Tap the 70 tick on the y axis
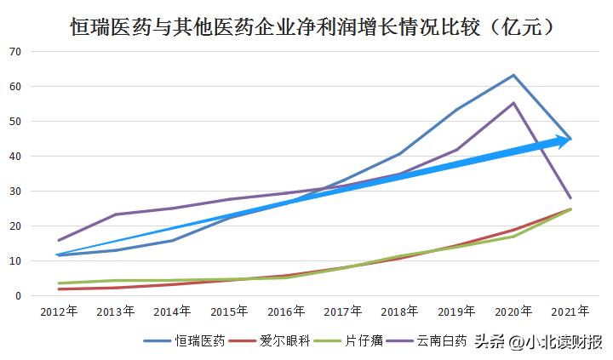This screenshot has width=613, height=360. [14, 51]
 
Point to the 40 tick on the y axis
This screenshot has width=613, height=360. [14, 156]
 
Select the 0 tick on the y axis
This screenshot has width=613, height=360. [18, 295]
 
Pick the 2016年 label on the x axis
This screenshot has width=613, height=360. [285, 312]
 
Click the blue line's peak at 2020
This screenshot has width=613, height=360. [513, 75]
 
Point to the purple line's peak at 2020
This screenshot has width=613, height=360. [513, 103]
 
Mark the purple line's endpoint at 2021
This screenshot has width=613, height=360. [570, 197]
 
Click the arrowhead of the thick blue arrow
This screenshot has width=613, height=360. [565, 140]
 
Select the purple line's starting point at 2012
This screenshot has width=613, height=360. [57, 240]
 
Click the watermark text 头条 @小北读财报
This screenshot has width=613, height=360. [538, 342]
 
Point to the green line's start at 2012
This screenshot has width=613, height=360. [57, 283]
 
